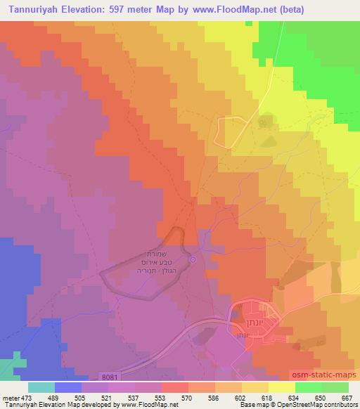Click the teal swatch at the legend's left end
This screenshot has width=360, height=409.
pos(41,387)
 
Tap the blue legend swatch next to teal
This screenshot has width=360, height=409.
pos(68,387)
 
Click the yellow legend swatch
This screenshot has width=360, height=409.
pos(282,387)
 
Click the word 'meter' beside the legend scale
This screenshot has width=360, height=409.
pos(8,397)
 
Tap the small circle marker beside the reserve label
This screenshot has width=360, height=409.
pos(193,260)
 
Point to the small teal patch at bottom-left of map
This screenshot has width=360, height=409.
pos(8,368)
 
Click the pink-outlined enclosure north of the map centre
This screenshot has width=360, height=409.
pos(233,131)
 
